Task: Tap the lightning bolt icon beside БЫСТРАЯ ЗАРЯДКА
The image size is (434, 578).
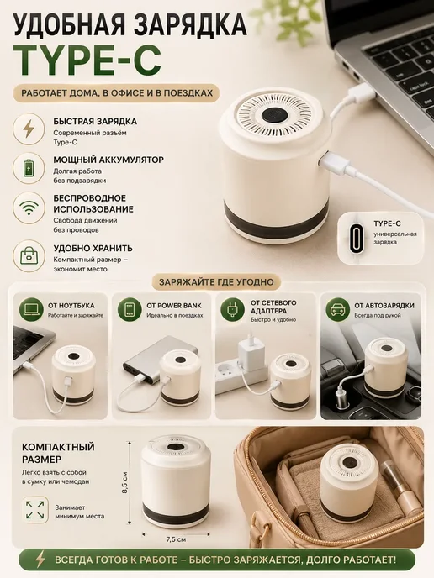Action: coord(29,129)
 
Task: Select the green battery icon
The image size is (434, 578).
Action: coord(29,167)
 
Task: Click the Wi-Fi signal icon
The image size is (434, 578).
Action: coord(29,208)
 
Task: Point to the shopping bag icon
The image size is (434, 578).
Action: coord(29,255)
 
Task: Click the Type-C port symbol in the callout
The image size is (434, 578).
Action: coord(357,238)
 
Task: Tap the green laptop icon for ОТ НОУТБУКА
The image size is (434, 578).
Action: coord(31,310)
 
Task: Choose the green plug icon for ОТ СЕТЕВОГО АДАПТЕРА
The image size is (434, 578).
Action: coord(232,310)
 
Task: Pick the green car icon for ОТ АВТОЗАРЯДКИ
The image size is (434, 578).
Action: coord(337,310)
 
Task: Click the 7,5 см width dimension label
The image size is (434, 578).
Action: coord(176,539)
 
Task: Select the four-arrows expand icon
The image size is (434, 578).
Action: coord(35,509)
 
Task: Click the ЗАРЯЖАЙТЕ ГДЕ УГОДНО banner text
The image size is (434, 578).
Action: coord(217,282)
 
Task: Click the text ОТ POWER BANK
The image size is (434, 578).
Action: coord(174,306)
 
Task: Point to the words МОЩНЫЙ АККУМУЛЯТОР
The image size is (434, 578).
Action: coord(108,160)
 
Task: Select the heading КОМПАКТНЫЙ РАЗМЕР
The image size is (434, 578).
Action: coord(58,453)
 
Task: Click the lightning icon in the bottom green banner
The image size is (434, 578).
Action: coord(40,560)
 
